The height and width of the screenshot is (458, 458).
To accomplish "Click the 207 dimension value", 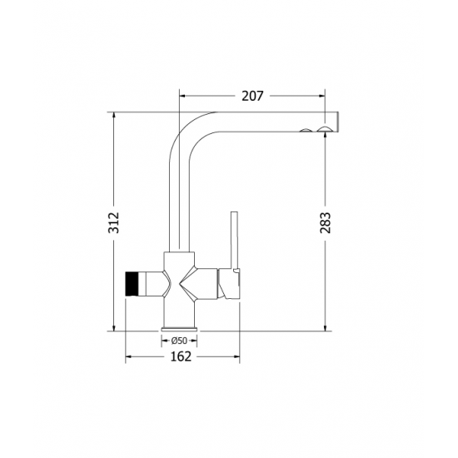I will [251, 96].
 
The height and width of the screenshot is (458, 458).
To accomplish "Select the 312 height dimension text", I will [115, 222].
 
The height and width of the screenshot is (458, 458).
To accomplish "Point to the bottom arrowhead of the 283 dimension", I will [325, 327].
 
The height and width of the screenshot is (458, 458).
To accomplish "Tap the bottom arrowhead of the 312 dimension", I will [115, 327].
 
